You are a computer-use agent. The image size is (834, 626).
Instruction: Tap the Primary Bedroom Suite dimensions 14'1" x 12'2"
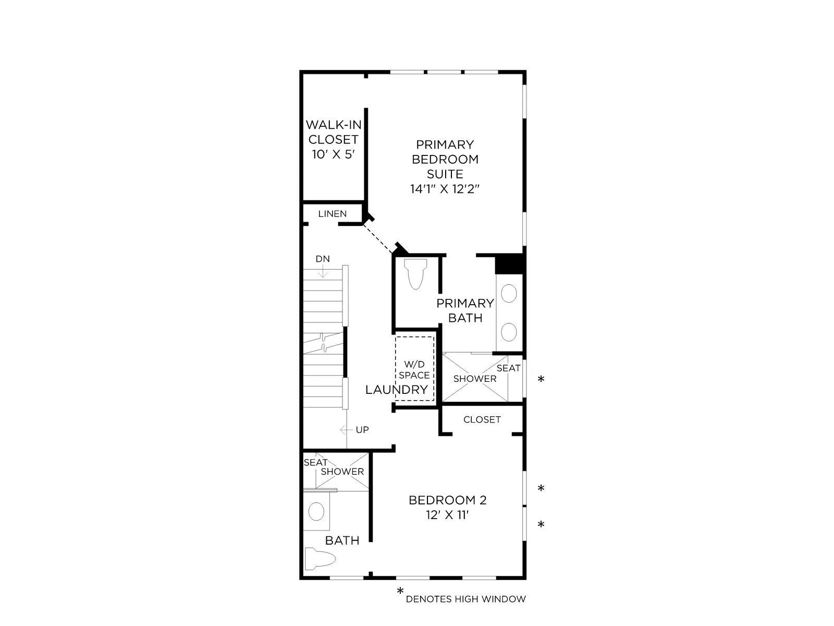445,189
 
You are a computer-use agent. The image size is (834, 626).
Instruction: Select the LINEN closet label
333,214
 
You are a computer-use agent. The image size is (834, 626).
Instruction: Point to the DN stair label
323,259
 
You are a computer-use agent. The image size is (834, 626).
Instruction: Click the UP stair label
362,430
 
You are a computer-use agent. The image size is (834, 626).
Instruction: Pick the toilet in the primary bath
415,274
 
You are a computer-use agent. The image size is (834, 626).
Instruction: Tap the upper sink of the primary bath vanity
509,294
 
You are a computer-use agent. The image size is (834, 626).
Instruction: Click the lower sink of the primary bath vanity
509,332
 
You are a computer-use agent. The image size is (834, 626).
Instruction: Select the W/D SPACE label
414,370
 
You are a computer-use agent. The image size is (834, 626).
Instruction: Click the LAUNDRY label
397,390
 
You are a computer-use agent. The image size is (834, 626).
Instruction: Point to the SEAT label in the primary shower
508,368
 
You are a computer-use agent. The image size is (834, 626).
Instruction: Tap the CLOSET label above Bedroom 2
482,419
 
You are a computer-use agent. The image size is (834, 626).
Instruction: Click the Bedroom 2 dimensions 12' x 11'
447,515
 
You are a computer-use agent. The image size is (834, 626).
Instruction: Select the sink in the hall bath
316,511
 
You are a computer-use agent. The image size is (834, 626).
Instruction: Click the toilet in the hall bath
320,559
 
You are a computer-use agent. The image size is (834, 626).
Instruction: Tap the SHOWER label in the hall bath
342,472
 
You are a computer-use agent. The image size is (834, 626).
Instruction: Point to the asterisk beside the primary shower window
541,379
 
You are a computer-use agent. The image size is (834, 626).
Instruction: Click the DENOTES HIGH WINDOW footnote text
466,599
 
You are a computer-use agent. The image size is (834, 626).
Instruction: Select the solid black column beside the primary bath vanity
510,263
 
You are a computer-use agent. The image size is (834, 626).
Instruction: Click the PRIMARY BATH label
465,310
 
